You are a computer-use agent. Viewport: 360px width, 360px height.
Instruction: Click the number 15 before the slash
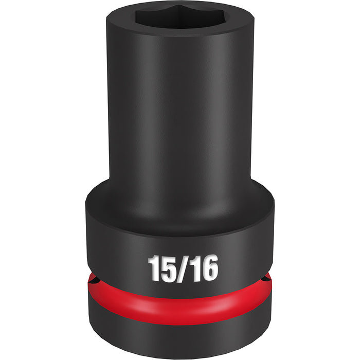click(161, 268)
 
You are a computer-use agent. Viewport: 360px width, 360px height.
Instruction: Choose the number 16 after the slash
click(202, 268)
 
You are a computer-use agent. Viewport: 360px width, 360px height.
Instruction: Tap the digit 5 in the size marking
click(168, 268)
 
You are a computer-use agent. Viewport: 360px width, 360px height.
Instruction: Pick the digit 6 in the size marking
click(209, 268)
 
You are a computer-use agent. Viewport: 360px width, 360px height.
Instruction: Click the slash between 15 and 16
click(182, 268)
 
